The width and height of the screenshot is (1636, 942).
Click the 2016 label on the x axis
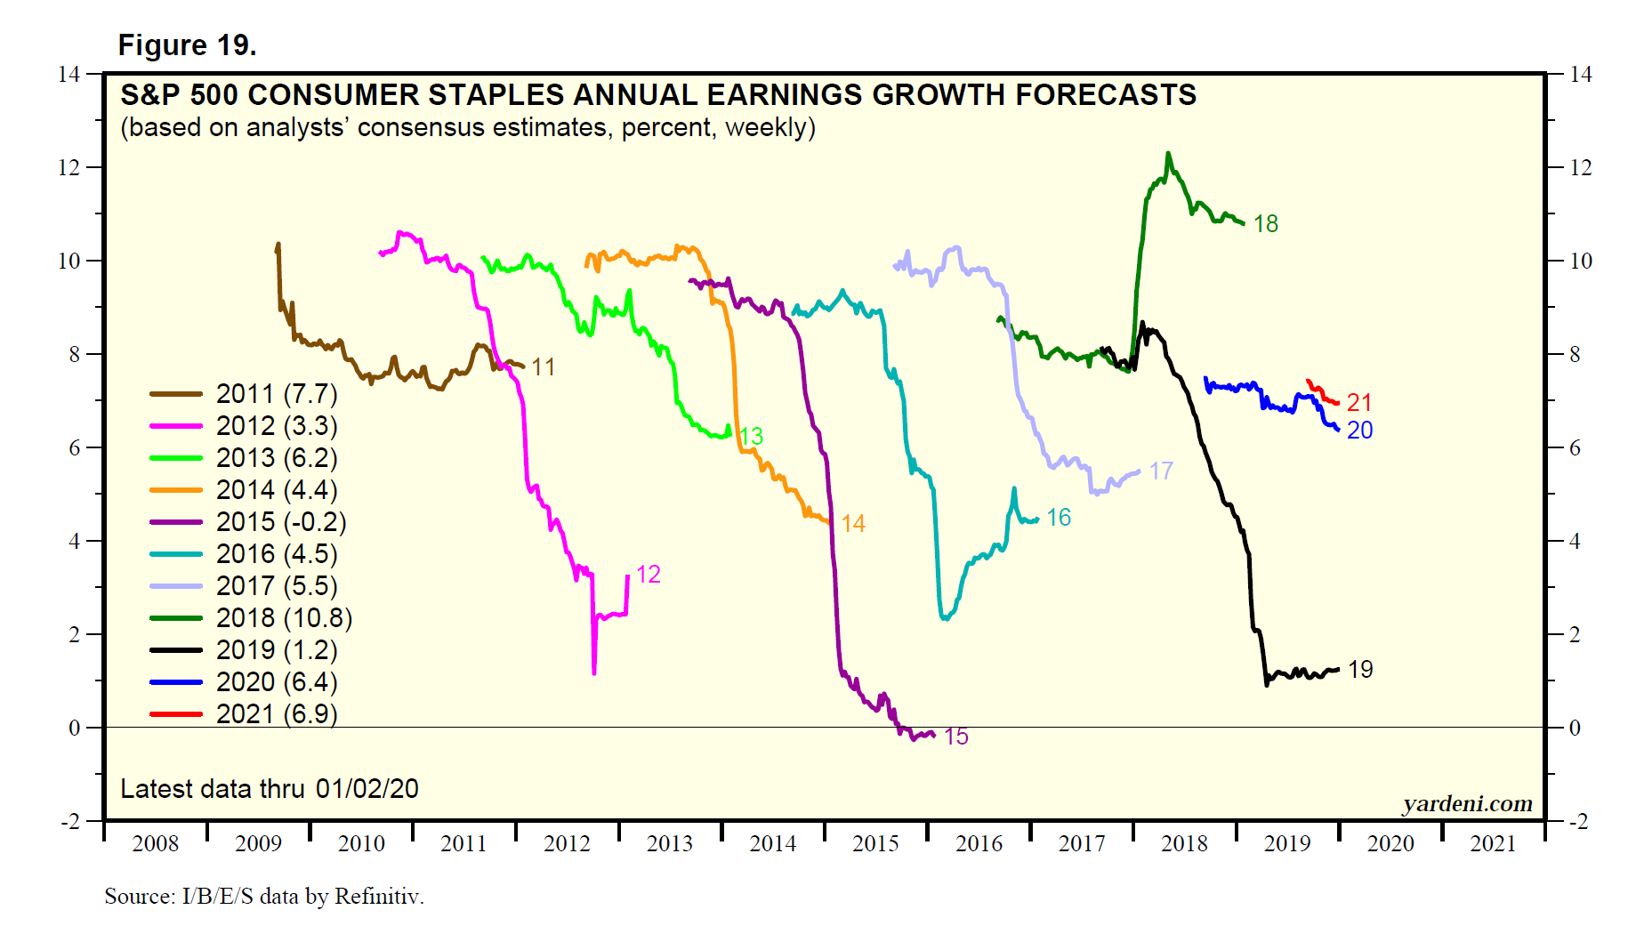click(979, 843)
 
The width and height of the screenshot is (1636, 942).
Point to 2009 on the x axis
click(258, 843)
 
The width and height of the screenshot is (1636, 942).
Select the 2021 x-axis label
click(1493, 843)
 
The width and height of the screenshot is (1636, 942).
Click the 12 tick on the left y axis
click(69, 167)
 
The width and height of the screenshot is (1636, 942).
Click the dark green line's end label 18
click(1265, 224)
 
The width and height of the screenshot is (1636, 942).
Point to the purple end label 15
click(955, 737)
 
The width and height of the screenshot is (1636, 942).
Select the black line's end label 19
click(1360, 670)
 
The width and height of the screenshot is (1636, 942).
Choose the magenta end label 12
click(648, 575)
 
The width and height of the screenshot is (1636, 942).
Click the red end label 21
click(1358, 403)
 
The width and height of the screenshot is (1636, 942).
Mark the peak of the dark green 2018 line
click(1168, 154)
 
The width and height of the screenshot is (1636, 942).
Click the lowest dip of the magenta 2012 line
click(593, 672)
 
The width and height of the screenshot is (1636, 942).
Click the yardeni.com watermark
click(1468, 804)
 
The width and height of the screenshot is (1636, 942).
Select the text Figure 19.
click(187, 45)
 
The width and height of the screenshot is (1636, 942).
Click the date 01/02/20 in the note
click(367, 789)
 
